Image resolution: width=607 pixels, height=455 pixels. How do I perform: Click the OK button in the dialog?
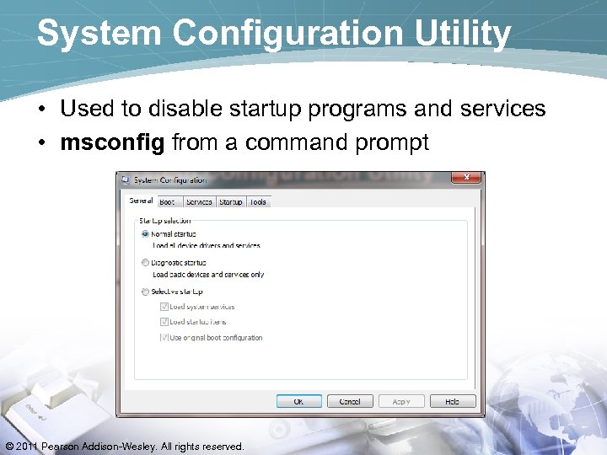[x=298, y=401]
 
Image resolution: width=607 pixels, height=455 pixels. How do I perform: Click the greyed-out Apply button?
[x=401, y=401]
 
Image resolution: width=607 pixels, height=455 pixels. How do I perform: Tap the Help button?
[x=453, y=401]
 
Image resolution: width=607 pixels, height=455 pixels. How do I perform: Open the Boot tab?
[x=167, y=202]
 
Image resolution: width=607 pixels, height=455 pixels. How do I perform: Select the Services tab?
[x=199, y=202]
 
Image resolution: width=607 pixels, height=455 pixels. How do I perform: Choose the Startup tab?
[x=230, y=202]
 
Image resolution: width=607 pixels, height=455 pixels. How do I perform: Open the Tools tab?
[x=258, y=202]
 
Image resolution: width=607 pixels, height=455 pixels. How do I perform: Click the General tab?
[x=141, y=201]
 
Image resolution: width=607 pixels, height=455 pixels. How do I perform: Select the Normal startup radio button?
[x=146, y=233]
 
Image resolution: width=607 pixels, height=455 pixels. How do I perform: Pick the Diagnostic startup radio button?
[x=146, y=263]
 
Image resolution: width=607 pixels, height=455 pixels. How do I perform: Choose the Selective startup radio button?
[x=146, y=292]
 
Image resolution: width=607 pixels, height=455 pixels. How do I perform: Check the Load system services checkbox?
[x=164, y=307]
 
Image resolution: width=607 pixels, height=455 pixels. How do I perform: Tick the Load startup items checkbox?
[x=164, y=322]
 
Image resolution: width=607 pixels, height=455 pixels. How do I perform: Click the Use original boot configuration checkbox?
[x=164, y=337]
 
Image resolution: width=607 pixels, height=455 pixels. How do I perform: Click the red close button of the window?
[x=466, y=178]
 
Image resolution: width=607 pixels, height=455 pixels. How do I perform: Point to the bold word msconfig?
[x=113, y=142]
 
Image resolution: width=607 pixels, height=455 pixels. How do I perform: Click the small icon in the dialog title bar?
[x=125, y=179]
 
